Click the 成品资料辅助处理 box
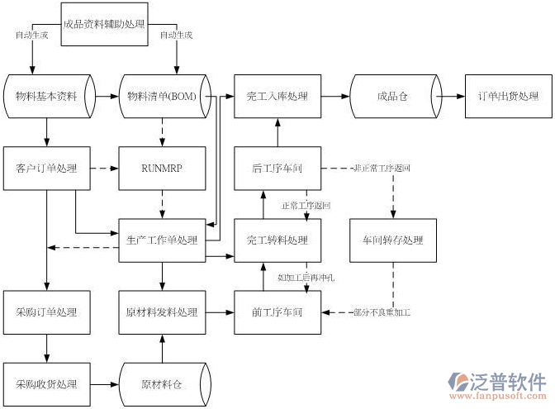104,24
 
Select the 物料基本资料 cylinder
46,97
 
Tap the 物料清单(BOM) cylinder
162,97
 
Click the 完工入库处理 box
277,97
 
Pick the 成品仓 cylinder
392,97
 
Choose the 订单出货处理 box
508,97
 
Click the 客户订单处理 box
46,169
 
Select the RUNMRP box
162,169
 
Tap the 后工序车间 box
277,169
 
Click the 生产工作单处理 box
162,240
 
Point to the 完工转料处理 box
277,240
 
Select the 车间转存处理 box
392,240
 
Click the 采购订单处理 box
46,312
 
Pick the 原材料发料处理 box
162,312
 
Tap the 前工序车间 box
277,312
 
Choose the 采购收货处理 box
46,384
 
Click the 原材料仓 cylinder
162,384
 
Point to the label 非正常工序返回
382,169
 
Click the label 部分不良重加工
382,312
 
